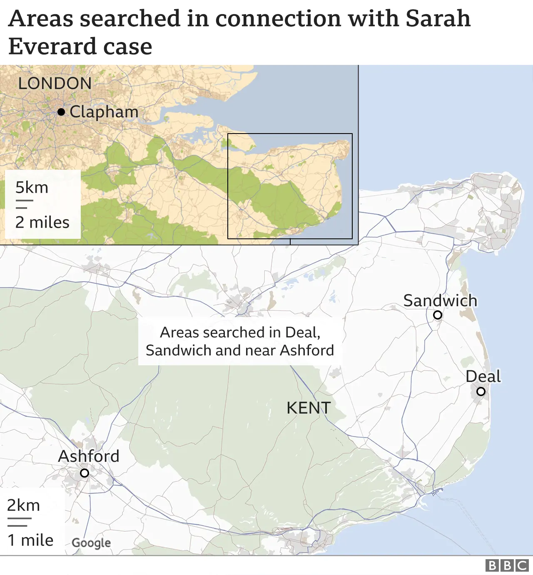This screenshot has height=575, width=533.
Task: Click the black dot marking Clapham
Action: click(61, 112)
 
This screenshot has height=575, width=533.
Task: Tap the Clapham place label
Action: click(104, 112)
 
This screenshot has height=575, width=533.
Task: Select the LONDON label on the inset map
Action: click(55, 84)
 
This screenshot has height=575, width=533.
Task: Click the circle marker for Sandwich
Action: click(438, 315)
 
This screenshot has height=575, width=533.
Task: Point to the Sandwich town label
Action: click(440, 300)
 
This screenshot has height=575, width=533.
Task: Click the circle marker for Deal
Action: click(481, 391)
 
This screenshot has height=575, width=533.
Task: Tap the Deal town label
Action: click(483, 376)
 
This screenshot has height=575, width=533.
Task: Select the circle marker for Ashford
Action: click(85, 473)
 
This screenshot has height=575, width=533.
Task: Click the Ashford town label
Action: click(89, 456)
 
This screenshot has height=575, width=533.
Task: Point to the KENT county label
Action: click(309, 408)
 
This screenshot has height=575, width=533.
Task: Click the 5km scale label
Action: click(32, 188)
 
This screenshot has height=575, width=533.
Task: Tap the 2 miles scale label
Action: click(42, 222)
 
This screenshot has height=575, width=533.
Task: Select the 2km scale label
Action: click(24, 505)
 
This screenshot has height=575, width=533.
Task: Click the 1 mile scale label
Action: click(31, 540)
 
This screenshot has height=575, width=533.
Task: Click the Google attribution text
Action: click(91, 543)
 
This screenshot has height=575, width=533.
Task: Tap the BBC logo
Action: click(507, 565)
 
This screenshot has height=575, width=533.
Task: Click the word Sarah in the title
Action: click(438, 19)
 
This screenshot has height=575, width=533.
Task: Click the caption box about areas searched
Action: click(240, 341)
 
